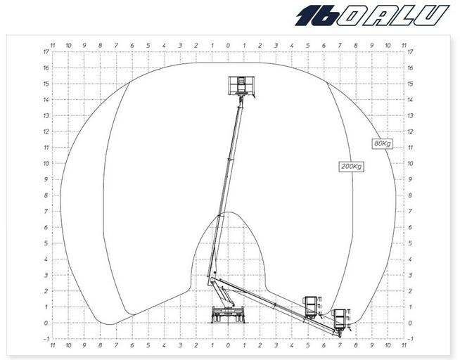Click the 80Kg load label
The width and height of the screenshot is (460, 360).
click(382, 143)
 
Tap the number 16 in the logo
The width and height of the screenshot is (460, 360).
click(316, 15)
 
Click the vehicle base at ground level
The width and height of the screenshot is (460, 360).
click(226, 316)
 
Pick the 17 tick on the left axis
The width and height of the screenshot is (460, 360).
click(45, 52)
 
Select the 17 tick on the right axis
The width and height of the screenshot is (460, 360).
click(410, 52)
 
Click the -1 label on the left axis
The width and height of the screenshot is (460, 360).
click(45, 339)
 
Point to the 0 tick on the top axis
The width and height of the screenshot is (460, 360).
click(227, 44)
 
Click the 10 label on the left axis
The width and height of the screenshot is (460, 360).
click(45, 164)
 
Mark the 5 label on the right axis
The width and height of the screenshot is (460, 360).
click(410, 243)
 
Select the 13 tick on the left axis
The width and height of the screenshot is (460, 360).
click(45, 116)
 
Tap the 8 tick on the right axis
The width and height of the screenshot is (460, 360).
click(410, 195)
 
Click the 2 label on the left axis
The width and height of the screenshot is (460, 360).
click(45, 291)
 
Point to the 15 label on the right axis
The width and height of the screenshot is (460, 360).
click(410, 84)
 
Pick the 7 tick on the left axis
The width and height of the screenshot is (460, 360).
click(45, 212)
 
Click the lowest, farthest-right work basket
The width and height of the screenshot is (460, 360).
click(340, 319)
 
